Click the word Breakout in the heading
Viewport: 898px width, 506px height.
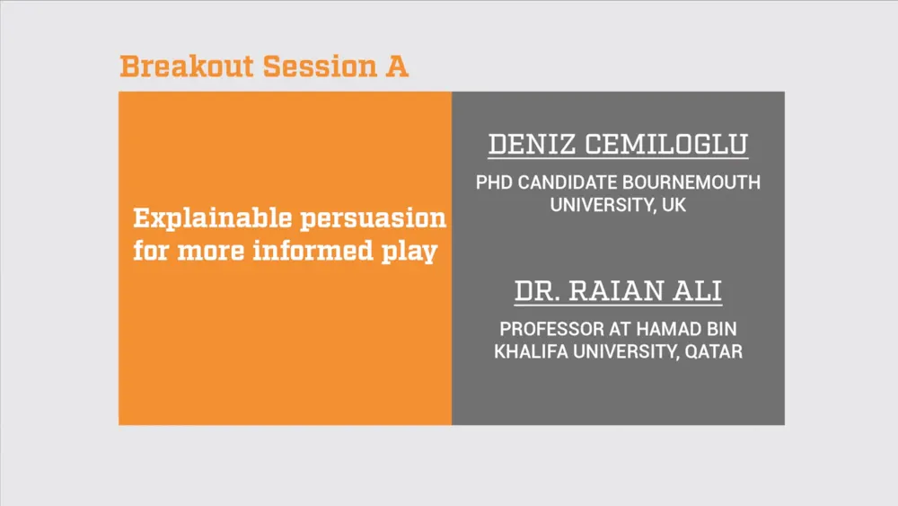[x=187, y=66]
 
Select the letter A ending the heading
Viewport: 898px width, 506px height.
[x=397, y=66]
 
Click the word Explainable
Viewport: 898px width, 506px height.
[x=213, y=219]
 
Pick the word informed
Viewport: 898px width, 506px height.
[x=313, y=251]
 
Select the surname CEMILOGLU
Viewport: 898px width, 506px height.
[x=666, y=144]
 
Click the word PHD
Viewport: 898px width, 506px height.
[x=494, y=182]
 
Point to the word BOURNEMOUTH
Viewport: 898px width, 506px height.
[x=691, y=182]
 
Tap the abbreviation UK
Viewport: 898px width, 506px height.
[x=673, y=205]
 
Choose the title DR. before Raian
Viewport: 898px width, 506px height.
[x=537, y=290]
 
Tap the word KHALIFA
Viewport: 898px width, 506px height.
[x=531, y=351]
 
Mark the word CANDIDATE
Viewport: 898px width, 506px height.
[x=567, y=182]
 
